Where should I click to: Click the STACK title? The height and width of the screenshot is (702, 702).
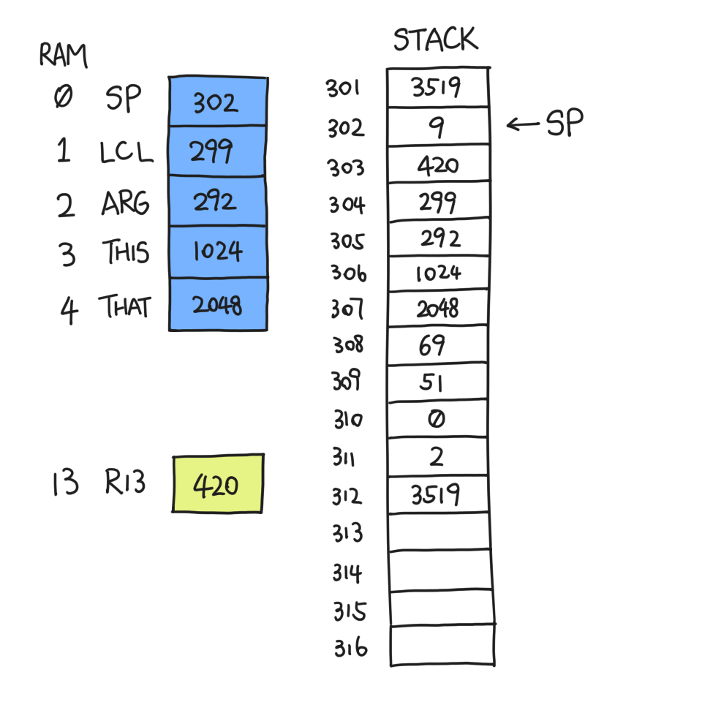436,39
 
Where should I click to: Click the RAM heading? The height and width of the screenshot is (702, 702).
64,56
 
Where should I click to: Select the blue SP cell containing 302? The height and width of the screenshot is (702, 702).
218,102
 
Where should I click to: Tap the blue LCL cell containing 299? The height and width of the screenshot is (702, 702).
218,151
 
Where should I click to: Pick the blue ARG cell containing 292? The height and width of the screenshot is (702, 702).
218,202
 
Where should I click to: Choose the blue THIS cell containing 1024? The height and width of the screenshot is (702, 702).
218,252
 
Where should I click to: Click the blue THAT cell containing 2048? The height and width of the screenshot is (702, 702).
218,304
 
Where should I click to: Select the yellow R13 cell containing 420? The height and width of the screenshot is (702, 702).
218,483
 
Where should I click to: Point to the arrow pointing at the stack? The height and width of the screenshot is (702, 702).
523,124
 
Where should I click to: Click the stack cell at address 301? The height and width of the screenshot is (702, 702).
437,87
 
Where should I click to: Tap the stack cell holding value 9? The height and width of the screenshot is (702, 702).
438,127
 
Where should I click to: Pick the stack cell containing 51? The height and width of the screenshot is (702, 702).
437,382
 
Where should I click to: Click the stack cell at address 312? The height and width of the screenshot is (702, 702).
438,495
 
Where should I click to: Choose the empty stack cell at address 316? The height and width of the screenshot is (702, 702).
442,646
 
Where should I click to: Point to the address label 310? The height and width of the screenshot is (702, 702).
348,420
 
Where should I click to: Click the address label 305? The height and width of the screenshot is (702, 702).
347,241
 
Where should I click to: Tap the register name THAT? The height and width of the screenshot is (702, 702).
125,306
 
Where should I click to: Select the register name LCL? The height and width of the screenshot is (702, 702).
127,152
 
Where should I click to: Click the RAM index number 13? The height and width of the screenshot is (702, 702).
65,483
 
